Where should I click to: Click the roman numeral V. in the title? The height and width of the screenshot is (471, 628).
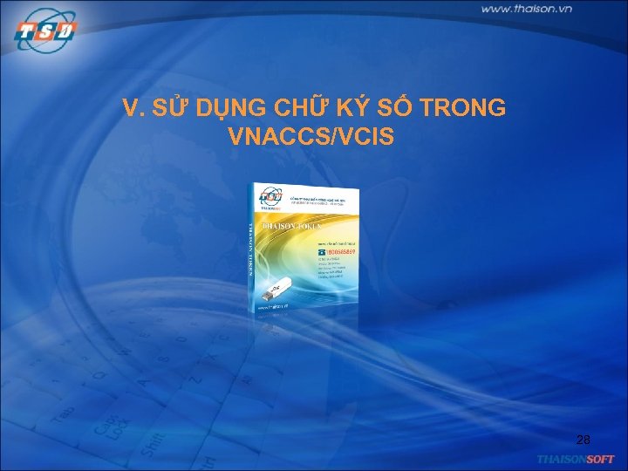coord(133,108)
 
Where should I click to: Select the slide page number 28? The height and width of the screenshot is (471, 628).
coord(584,439)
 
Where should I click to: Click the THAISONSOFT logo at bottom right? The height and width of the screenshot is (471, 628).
coord(576,459)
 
